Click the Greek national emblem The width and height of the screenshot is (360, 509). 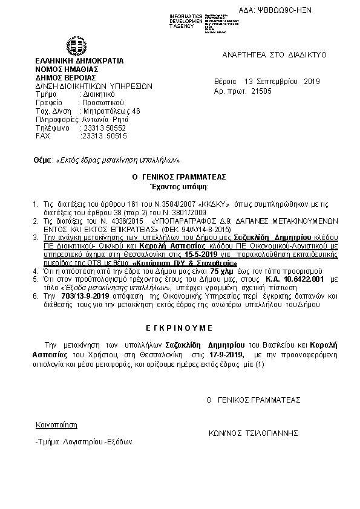(x=77, y=47)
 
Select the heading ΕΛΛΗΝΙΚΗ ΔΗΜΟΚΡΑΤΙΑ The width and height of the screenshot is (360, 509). (x=79, y=61)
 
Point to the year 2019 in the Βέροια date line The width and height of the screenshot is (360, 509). (x=311, y=82)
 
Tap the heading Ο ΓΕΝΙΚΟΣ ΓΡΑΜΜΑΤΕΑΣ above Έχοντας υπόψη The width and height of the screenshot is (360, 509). (x=178, y=177)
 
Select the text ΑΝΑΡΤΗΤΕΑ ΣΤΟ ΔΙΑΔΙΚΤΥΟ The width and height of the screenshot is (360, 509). (x=274, y=55)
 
